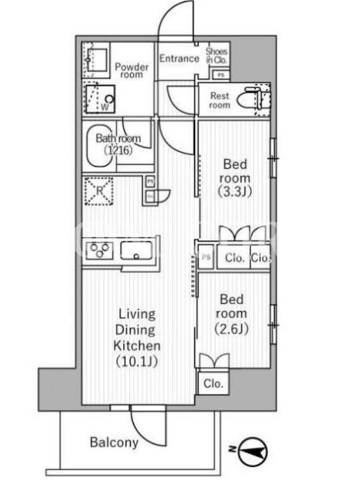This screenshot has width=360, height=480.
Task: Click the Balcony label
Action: (x=114, y=442)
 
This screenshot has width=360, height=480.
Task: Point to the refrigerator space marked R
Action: (x=99, y=191)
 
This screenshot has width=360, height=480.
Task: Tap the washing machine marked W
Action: (x=100, y=99)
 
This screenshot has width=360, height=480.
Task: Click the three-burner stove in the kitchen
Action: (x=100, y=250)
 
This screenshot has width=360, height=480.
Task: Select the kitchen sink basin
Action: (x=136, y=250)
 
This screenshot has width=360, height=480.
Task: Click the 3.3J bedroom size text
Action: (x=235, y=191)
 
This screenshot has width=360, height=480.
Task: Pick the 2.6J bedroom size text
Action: (x=232, y=329)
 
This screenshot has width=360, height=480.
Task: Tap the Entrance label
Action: (x=179, y=58)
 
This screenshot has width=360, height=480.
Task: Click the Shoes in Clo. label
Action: (x=217, y=55)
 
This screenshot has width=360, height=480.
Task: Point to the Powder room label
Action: (x=131, y=71)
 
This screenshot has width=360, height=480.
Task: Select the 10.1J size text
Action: (x=137, y=362)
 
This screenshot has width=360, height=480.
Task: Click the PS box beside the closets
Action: (x=206, y=257)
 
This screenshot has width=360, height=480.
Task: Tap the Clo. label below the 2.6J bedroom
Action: (x=214, y=383)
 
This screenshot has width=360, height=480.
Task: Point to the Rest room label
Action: (x=220, y=100)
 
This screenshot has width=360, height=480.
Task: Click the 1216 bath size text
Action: (x=118, y=151)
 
